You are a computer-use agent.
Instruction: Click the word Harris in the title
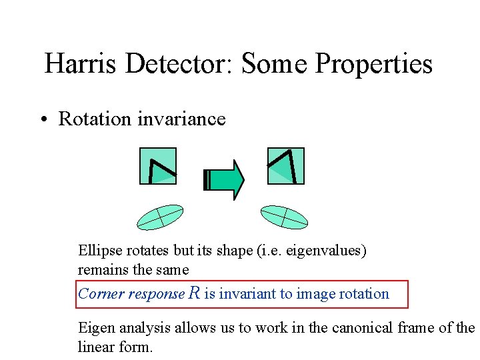coord(80,64)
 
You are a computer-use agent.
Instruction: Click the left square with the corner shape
coord(158,166)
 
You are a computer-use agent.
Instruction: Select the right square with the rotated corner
coord(285,166)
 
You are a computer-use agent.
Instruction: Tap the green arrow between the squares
coord(224,179)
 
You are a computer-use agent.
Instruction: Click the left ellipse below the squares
coord(159,217)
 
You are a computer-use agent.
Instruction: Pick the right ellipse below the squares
coord(284,217)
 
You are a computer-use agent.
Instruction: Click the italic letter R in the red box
coord(195,293)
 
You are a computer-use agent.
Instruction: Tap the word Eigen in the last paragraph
coord(95,327)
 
